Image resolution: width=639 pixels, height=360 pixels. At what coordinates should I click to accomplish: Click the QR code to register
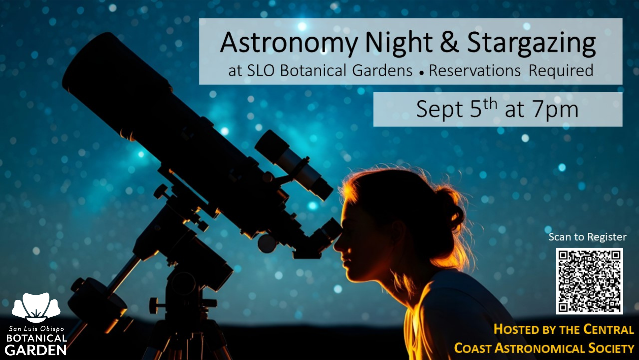[x=589, y=281]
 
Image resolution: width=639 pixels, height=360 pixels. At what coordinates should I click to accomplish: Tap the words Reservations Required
[x=511, y=71]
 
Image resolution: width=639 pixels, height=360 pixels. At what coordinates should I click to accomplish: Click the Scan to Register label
[x=588, y=237]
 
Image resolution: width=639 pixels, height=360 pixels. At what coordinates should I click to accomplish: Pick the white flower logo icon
[x=36, y=307]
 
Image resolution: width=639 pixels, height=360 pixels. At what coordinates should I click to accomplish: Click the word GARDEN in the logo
[x=36, y=350]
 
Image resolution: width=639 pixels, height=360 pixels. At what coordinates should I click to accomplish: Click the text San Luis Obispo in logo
[x=36, y=329]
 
